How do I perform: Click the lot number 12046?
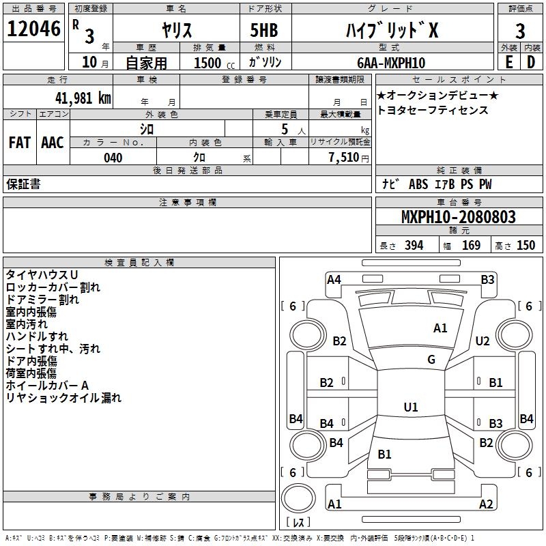coord(33,29)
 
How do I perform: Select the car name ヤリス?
coord(176,31)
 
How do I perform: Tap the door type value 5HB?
coord(259,31)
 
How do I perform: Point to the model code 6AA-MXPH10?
coord(390,63)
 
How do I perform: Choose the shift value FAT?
coord(19,143)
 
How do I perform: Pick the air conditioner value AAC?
coord(52,143)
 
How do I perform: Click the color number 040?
coord(113,158)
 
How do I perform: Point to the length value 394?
coord(413,246)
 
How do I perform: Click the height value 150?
coord(526,246)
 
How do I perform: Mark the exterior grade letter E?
coord(508,62)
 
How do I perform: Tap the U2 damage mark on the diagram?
coord(483,341)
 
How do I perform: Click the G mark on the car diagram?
coord(431,360)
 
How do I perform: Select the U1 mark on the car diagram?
coord(410,407)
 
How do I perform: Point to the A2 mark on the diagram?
coord(486,504)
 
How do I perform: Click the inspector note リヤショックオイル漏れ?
coord(63,398)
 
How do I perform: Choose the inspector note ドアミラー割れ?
coord(42,299)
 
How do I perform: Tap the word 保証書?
coord(23,184)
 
